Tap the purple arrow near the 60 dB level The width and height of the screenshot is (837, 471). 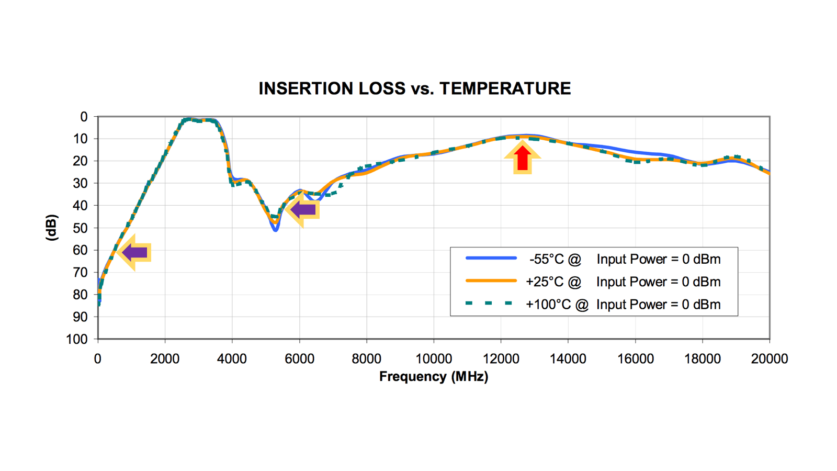click(134, 253)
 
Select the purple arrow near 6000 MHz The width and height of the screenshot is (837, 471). click(303, 210)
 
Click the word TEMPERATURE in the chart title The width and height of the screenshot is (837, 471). click(505, 88)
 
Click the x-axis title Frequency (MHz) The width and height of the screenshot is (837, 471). click(433, 377)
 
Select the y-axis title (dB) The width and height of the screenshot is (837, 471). click(51, 228)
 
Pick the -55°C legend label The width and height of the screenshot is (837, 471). click(555, 260)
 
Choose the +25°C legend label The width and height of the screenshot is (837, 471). click(553, 282)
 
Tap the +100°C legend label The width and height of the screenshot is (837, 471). click(557, 305)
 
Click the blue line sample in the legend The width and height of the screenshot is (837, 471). click(491, 259)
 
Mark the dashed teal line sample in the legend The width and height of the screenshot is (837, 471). click(489, 304)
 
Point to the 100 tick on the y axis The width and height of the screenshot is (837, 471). click(77, 339)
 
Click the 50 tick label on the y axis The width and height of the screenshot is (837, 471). click(80, 228)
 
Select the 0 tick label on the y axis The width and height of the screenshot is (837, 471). click(84, 117)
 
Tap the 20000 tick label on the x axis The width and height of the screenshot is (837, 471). click(769, 359)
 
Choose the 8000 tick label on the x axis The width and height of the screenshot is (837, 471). click(366, 359)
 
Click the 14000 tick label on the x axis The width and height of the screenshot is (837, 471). click(568, 359)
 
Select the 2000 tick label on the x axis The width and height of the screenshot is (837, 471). click(165, 359)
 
